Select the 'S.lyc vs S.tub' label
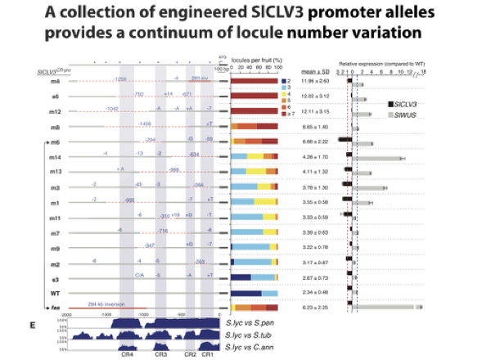click(255, 335)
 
